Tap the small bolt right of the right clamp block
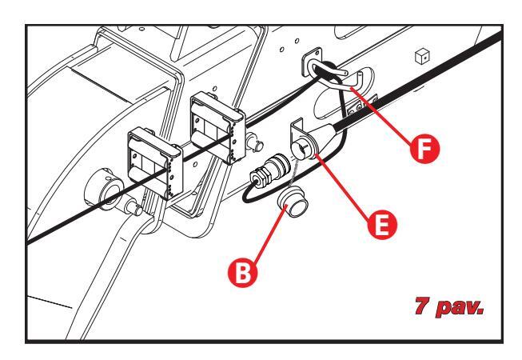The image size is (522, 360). (x=254, y=142)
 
